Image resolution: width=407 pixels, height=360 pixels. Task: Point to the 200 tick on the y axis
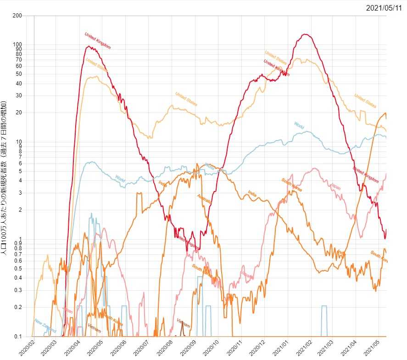[17, 16]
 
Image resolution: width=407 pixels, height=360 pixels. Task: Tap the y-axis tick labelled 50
[19, 74]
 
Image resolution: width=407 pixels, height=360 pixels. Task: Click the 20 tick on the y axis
[19, 112]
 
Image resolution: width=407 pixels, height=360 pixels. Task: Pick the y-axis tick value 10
[19, 141]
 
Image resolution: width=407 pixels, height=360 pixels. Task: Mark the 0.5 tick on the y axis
[18, 269]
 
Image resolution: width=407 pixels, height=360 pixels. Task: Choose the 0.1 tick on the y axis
[18, 337]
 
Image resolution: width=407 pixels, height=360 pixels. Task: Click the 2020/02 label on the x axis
[26, 348]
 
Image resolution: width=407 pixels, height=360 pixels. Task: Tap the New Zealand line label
[45, 326]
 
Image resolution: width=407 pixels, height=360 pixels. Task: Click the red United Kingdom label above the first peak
[98, 40]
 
